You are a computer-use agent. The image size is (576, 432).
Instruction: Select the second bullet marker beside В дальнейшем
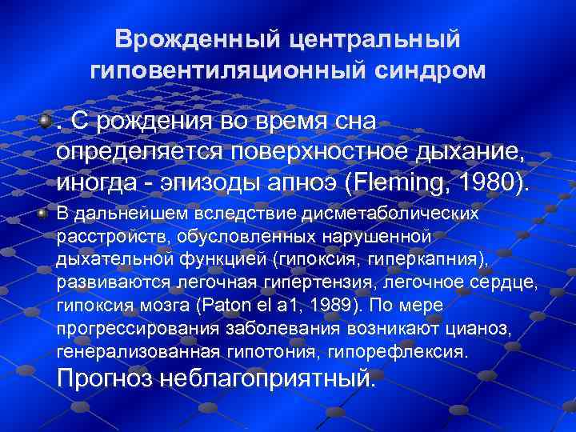click(x=45, y=214)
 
